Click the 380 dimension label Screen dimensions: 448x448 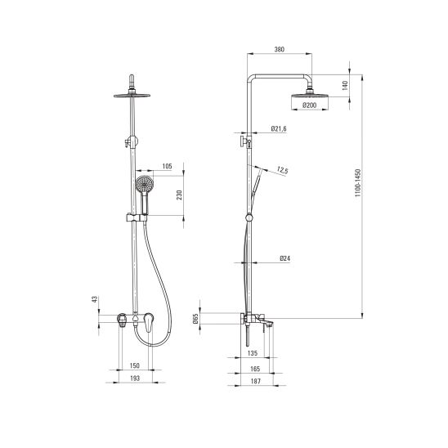click(x=279, y=49)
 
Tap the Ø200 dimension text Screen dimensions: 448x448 click(x=309, y=105)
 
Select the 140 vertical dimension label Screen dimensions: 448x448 click(x=345, y=85)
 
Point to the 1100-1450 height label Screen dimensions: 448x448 click(x=358, y=183)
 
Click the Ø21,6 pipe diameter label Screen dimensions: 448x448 click(x=279, y=129)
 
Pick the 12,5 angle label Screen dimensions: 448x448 click(x=282, y=171)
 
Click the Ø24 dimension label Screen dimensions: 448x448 click(x=284, y=258)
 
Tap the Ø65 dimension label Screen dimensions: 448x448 click(x=195, y=319)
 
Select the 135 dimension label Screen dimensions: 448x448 click(x=253, y=353)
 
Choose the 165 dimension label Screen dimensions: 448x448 click(x=255, y=370)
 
